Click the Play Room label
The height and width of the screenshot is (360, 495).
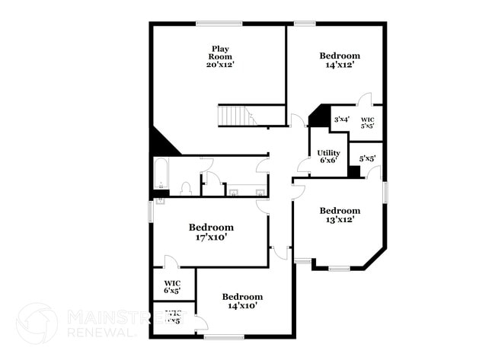(219, 53)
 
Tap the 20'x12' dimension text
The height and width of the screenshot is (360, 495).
(219, 65)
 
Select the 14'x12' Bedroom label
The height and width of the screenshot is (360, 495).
(339, 56)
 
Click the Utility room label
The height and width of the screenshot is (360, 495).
(328, 153)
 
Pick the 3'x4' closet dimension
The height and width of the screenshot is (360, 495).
(341, 119)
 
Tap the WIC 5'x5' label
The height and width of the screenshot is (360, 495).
(367, 123)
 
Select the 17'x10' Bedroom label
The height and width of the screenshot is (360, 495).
(211, 237)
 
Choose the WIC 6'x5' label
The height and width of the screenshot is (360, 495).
(172, 286)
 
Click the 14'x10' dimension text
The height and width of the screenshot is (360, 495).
(242, 306)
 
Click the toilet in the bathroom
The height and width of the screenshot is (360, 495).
(185, 188)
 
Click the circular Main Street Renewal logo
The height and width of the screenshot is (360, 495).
(36, 323)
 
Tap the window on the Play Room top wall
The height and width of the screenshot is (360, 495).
(219, 24)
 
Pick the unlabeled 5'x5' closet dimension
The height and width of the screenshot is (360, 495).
(367, 159)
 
